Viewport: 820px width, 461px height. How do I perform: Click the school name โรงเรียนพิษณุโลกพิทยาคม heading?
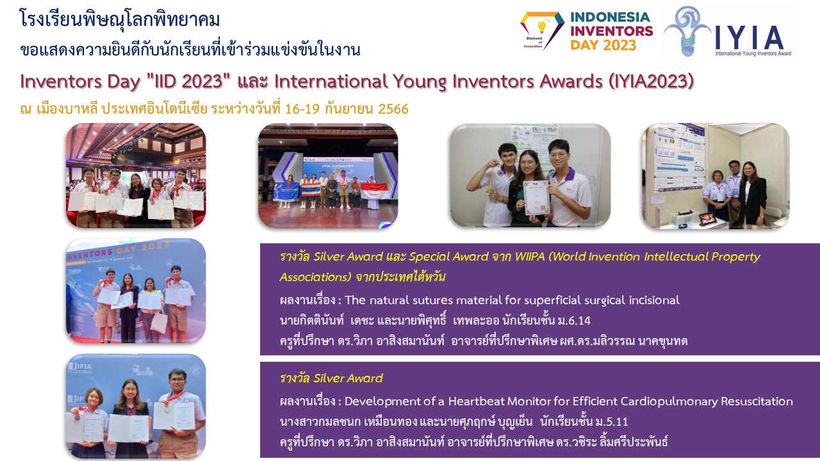120,19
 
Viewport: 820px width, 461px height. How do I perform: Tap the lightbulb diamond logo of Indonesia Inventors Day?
542,30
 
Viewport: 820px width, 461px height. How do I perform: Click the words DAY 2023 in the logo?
603,45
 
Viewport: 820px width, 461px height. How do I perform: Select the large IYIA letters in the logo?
749,38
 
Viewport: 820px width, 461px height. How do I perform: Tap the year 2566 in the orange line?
393,109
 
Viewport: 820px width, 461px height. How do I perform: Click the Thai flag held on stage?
311,190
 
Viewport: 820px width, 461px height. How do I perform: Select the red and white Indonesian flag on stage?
375,191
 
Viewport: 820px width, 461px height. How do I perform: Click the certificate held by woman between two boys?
536,198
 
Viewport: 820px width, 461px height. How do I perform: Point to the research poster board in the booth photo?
676,158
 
